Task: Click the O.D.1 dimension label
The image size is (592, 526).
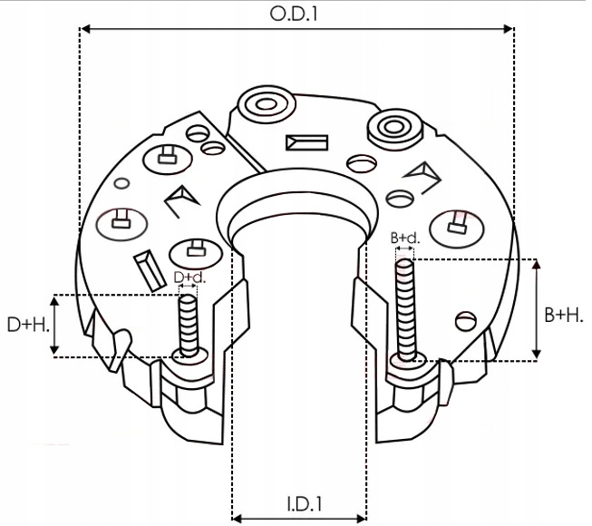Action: (x=296, y=15)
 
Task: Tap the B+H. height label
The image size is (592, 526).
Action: (x=564, y=315)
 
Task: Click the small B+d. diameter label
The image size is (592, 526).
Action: (x=405, y=239)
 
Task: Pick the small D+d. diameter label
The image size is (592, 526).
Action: (x=189, y=277)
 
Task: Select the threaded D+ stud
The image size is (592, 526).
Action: (x=188, y=324)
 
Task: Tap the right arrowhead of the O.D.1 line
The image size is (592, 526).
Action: (x=510, y=30)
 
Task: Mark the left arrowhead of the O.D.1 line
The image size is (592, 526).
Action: (x=84, y=30)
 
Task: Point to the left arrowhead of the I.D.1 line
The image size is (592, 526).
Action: (x=238, y=517)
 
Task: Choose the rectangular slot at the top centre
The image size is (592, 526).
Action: (x=306, y=142)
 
